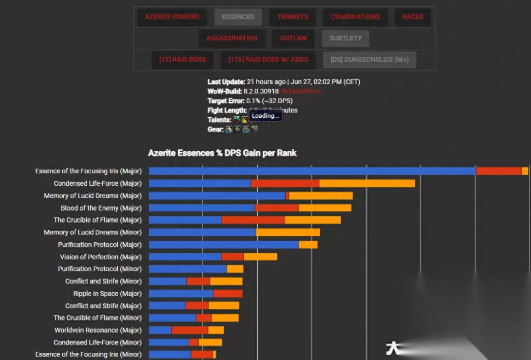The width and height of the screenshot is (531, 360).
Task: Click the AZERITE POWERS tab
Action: [x=172, y=17]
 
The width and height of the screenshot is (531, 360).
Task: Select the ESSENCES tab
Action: [x=238, y=17]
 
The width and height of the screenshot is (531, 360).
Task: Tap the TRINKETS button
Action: [x=292, y=17]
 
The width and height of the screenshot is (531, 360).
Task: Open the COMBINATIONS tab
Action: [x=355, y=17]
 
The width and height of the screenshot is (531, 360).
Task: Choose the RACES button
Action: [x=413, y=17]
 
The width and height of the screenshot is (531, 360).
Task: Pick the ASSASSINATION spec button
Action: [x=231, y=38]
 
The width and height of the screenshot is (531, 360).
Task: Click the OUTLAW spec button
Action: [x=293, y=38]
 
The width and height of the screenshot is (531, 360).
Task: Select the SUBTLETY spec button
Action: [x=345, y=38]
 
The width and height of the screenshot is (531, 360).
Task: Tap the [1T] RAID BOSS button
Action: [x=182, y=60]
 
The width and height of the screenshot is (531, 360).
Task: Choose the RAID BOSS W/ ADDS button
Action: [x=268, y=60]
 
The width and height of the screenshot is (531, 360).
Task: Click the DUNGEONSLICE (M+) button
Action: [x=369, y=60]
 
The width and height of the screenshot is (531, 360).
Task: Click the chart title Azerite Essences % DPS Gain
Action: [x=222, y=153]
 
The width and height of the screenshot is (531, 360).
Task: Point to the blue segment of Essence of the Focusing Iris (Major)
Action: [x=311, y=171]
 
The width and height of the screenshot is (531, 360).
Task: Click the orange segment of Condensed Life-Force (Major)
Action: [x=367, y=184]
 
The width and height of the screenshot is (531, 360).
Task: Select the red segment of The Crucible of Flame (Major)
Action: [x=253, y=220]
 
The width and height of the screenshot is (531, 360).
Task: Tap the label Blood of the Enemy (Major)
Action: [x=101, y=208]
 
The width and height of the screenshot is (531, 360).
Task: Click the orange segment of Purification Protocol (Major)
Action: [x=308, y=244]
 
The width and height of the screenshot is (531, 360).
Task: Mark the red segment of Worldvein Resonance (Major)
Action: [x=189, y=330]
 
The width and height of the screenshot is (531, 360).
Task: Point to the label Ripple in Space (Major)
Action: [x=107, y=294]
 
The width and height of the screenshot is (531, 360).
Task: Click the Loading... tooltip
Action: [x=265, y=116]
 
